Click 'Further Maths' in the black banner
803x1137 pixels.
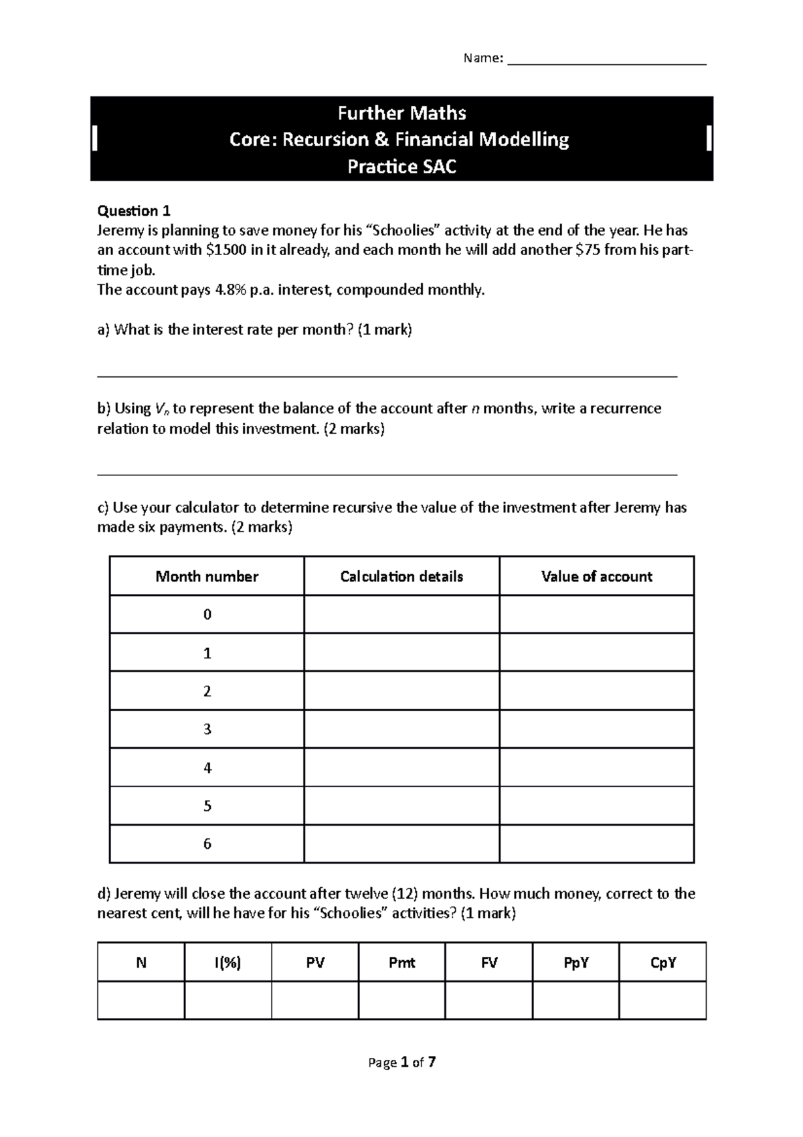(x=401, y=112)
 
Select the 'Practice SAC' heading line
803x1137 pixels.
(x=401, y=166)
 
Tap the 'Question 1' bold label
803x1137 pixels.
(x=134, y=211)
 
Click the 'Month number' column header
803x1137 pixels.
(x=207, y=577)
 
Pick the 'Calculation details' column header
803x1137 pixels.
(x=401, y=577)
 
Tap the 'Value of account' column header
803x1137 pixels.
(x=596, y=577)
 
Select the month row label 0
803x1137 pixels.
(x=207, y=615)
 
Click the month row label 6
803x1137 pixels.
(x=207, y=844)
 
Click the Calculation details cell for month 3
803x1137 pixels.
(x=401, y=729)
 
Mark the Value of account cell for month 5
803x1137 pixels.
(x=596, y=806)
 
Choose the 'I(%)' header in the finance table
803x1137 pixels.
(x=228, y=963)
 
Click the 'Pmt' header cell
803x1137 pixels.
(x=401, y=963)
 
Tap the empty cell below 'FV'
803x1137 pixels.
(x=488, y=1000)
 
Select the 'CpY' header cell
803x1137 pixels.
(x=662, y=963)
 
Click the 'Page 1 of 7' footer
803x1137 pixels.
(x=401, y=1062)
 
